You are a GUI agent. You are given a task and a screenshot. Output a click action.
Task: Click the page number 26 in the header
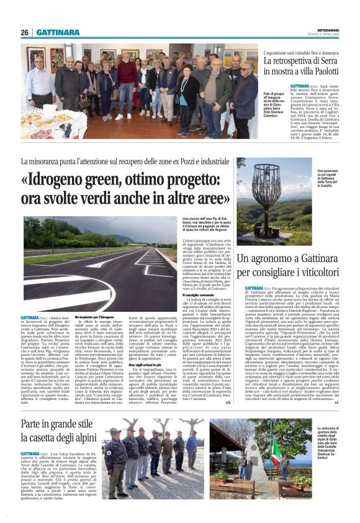tap(24, 32)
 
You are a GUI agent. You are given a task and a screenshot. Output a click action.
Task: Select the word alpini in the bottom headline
tap(81, 439)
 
